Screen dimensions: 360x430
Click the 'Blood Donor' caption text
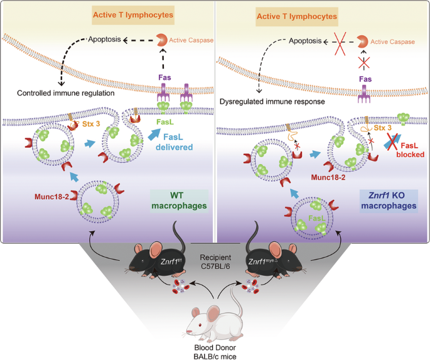tap(215, 346)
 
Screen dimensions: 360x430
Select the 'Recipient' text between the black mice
tap(215, 257)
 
